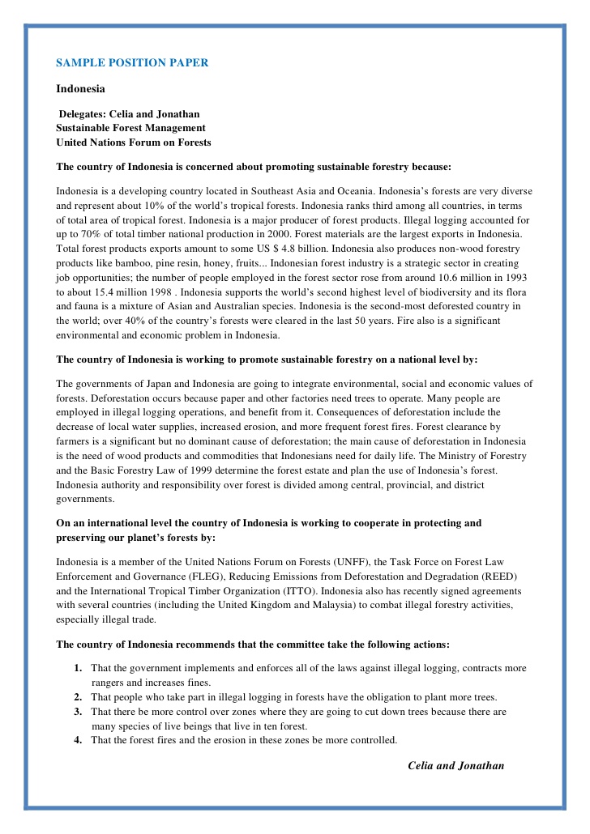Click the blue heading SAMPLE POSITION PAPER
coord(132,62)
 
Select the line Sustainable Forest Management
coord(130,128)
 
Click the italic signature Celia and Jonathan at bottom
coord(455,765)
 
